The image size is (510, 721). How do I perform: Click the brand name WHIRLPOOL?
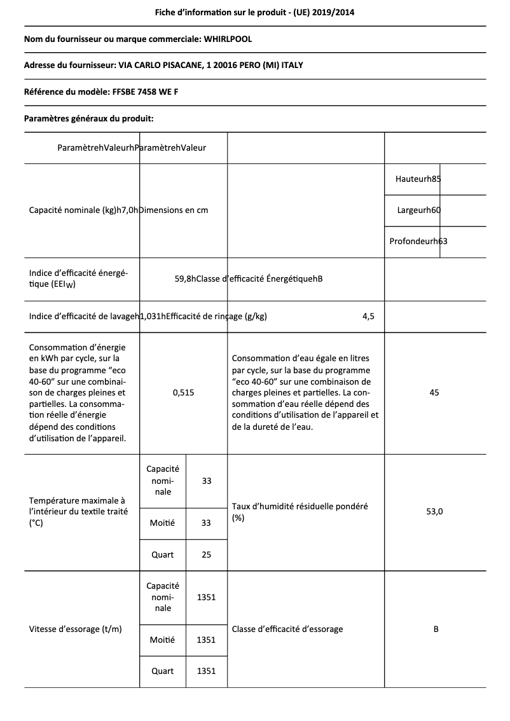(x=227, y=39)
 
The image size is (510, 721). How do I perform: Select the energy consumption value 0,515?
(x=183, y=393)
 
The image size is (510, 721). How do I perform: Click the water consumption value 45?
(x=434, y=393)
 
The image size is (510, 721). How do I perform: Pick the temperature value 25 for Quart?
(x=206, y=554)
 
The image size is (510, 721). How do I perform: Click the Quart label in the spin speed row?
(x=162, y=671)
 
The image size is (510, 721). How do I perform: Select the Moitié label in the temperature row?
(x=162, y=523)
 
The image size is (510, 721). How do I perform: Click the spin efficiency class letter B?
(x=436, y=629)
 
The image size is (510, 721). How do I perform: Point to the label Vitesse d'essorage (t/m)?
(x=76, y=629)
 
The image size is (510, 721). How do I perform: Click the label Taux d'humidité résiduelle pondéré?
(x=300, y=507)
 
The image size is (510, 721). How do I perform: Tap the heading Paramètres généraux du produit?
(x=88, y=118)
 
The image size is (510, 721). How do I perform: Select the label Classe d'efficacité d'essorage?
(x=287, y=629)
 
